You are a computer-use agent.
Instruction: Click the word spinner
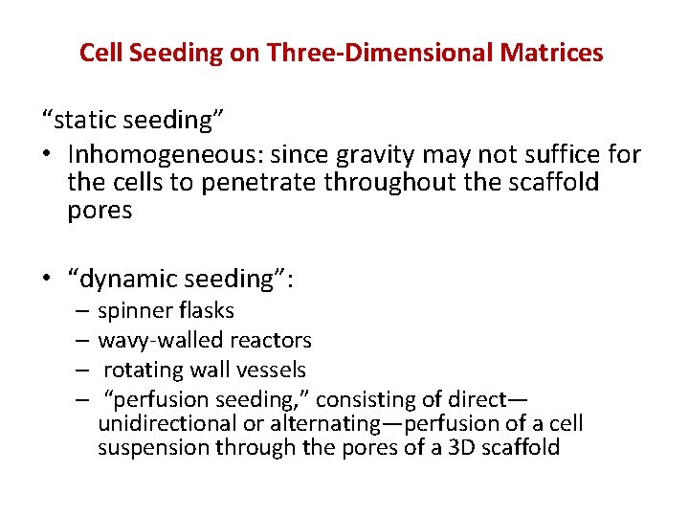tap(132, 310)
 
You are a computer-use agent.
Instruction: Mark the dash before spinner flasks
tap(81, 310)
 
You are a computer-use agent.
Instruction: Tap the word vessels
tap(274, 370)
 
